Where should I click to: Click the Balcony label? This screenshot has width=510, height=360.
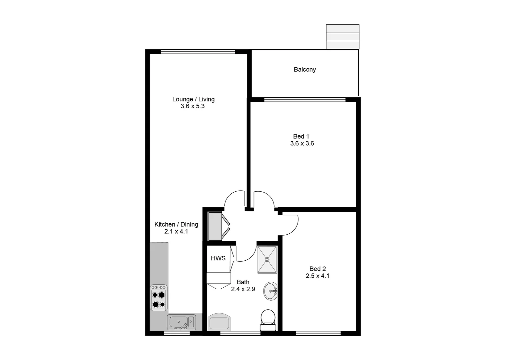305,70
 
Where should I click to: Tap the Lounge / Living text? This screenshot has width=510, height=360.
193,99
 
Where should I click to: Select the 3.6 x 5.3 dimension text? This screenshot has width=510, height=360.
192,106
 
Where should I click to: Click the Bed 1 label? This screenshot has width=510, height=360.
301,136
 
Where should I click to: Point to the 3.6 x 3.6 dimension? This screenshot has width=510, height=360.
302,144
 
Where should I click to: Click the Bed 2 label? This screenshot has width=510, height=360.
318,269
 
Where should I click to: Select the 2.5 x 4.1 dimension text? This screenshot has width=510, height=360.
317,276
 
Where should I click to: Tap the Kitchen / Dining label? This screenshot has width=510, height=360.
176,224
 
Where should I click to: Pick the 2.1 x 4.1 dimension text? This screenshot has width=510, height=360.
176,231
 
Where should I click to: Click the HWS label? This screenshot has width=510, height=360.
218,258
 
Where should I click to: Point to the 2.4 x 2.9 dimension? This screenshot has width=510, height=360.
243,289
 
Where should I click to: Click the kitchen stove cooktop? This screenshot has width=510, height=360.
159,297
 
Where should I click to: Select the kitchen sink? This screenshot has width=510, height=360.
181,322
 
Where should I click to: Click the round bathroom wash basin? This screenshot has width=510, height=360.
270,291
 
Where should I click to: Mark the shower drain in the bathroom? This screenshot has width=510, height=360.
267,259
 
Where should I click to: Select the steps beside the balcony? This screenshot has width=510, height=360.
342,37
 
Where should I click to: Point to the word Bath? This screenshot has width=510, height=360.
243,282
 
